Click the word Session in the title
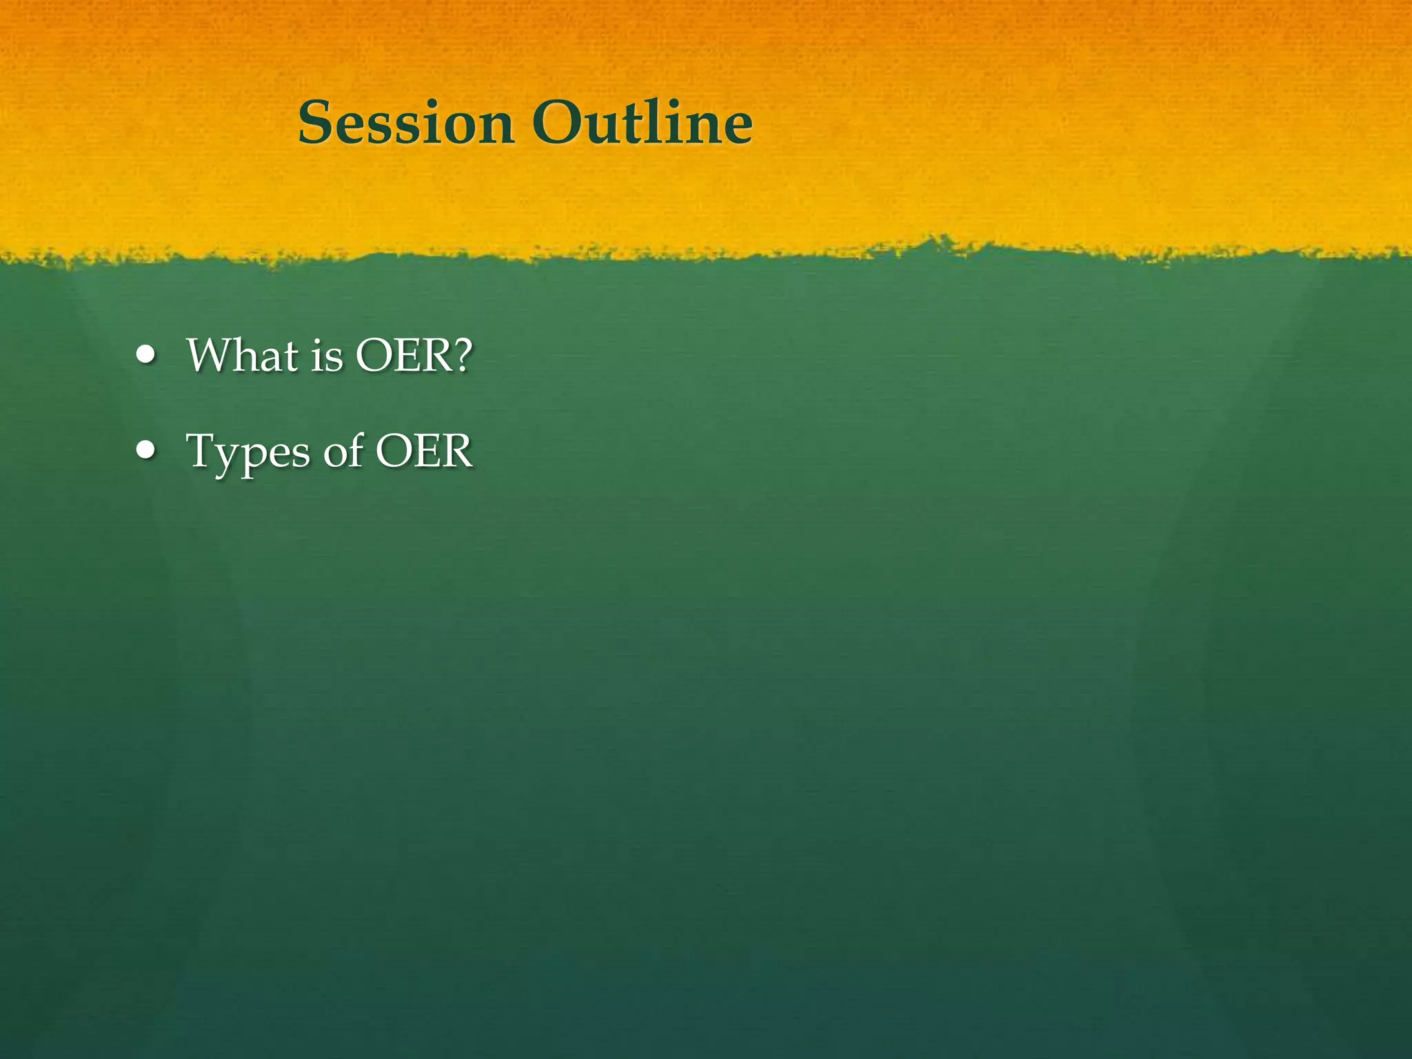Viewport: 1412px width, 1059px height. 406,123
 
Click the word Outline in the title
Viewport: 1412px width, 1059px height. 642,123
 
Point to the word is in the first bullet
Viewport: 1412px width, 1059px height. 326,356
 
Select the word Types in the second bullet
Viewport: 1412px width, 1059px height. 249,452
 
